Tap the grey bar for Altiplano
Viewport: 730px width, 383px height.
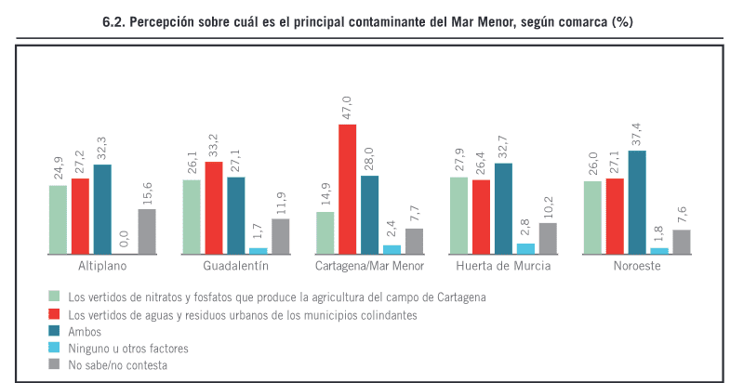147,231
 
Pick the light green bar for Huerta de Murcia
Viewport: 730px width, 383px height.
458,215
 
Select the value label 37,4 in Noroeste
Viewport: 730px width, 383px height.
637,134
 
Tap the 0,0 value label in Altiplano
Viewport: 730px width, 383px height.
125,240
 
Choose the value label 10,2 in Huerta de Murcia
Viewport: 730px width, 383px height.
548,206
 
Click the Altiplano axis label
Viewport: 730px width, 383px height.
102,266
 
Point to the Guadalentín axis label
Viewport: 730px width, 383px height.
236,266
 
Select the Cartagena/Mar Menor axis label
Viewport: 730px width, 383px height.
369,266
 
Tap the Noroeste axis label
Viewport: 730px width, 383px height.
636,266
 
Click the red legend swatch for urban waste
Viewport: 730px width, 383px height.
56,315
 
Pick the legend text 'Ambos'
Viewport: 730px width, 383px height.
86,332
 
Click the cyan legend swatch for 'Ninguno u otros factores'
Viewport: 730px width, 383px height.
56,349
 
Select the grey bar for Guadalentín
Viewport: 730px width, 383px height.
281,236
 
